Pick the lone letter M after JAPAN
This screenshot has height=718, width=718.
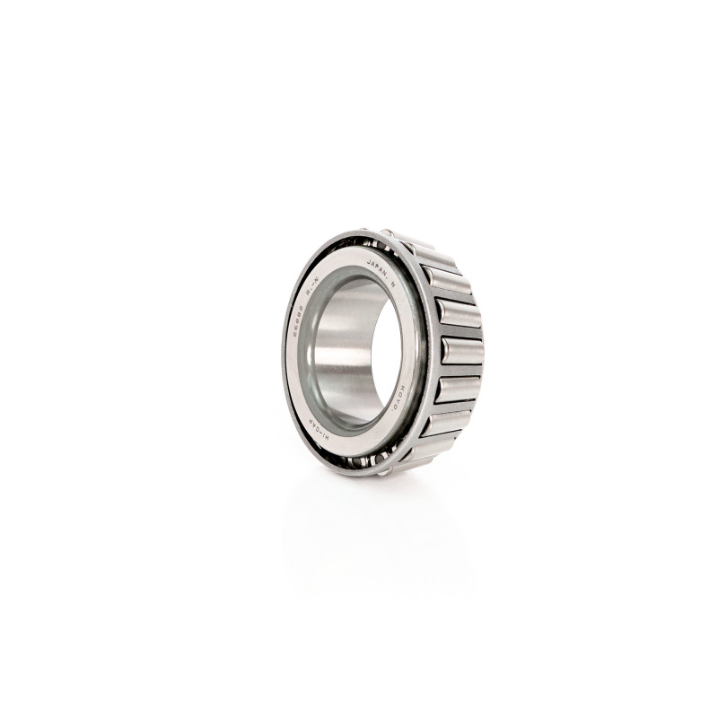(392, 286)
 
